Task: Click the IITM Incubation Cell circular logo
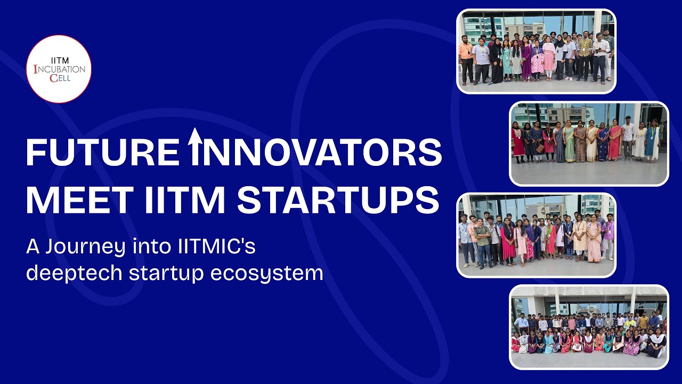(59, 69)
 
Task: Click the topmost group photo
(536, 51)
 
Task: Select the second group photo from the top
(589, 143)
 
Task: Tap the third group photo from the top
(536, 235)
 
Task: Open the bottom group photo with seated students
(589, 327)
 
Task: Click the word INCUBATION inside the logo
(59, 69)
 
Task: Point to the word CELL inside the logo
(60, 78)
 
